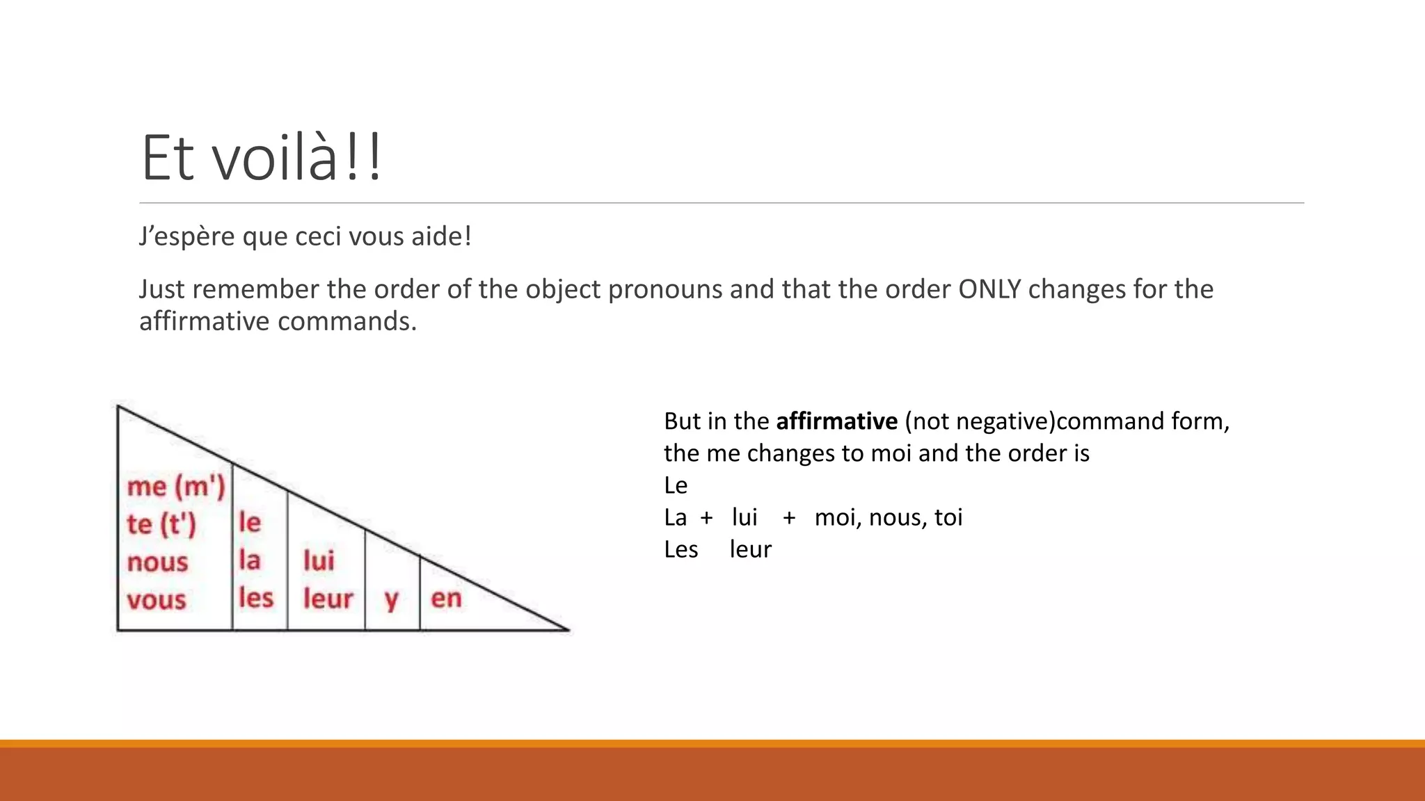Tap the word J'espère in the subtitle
186,236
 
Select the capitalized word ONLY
989,289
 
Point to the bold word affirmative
836,421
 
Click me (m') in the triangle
176,487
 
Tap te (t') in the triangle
161,524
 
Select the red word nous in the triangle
157,562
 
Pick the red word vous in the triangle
157,599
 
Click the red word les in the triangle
256,597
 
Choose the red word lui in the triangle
319,560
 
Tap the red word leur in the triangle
328,598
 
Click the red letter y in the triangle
392,599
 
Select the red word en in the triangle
446,598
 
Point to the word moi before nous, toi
838,517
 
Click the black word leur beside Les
750,549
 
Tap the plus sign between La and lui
706,518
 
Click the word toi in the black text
948,517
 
